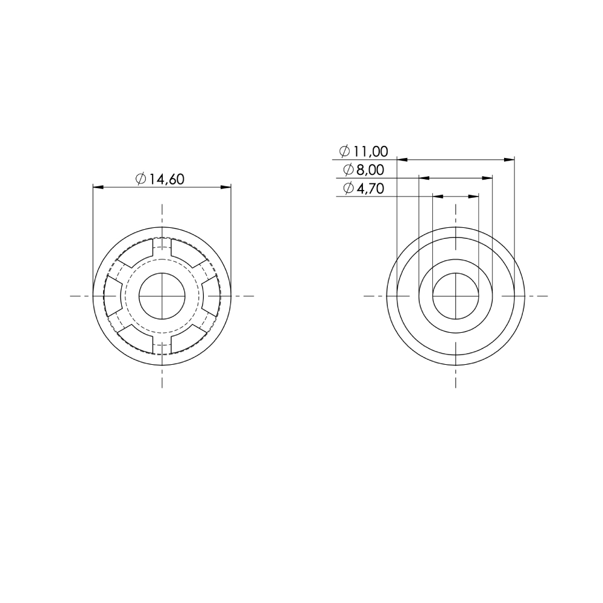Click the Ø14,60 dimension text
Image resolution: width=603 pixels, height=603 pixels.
pyautogui.click(x=160, y=179)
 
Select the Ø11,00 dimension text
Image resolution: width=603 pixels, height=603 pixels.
pyautogui.click(x=364, y=151)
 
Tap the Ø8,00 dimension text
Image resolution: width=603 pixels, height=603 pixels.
pyautogui.click(x=364, y=169)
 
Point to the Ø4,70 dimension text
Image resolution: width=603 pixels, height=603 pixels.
pyautogui.click(x=364, y=188)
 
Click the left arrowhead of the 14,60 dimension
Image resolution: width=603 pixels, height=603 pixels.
pyautogui.click(x=98, y=187)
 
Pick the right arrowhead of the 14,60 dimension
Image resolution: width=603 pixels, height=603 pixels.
pyautogui.click(x=226, y=187)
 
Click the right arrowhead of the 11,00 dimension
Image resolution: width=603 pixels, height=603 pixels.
pyautogui.click(x=509, y=159)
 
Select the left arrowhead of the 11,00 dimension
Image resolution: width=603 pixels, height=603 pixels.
pyautogui.click(x=402, y=159)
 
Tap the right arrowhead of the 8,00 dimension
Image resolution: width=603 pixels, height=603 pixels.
pyautogui.click(x=487, y=178)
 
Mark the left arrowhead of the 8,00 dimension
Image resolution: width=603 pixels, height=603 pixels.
pyautogui.click(x=424, y=178)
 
